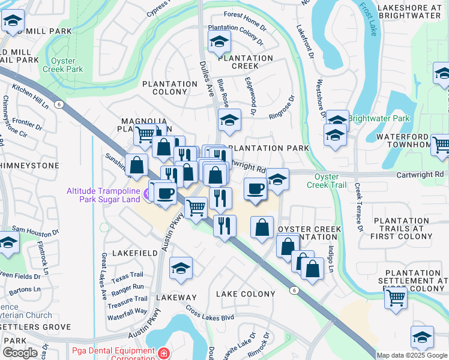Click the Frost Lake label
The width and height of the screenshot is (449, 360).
(x=367, y=19)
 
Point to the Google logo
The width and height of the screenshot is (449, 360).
(x=19, y=352)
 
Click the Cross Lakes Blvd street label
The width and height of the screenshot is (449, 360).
(x=209, y=313)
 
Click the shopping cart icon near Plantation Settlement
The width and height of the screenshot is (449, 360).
(x=396, y=296)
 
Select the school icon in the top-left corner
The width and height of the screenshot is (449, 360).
(x=12, y=22)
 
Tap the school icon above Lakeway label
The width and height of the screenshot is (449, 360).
(x=181, y=269)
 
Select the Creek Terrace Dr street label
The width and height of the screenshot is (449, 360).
(x=358, y=208)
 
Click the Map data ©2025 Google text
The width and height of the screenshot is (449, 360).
(x=412, y=355)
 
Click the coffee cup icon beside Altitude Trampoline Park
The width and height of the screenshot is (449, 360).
(x=165, y=194)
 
